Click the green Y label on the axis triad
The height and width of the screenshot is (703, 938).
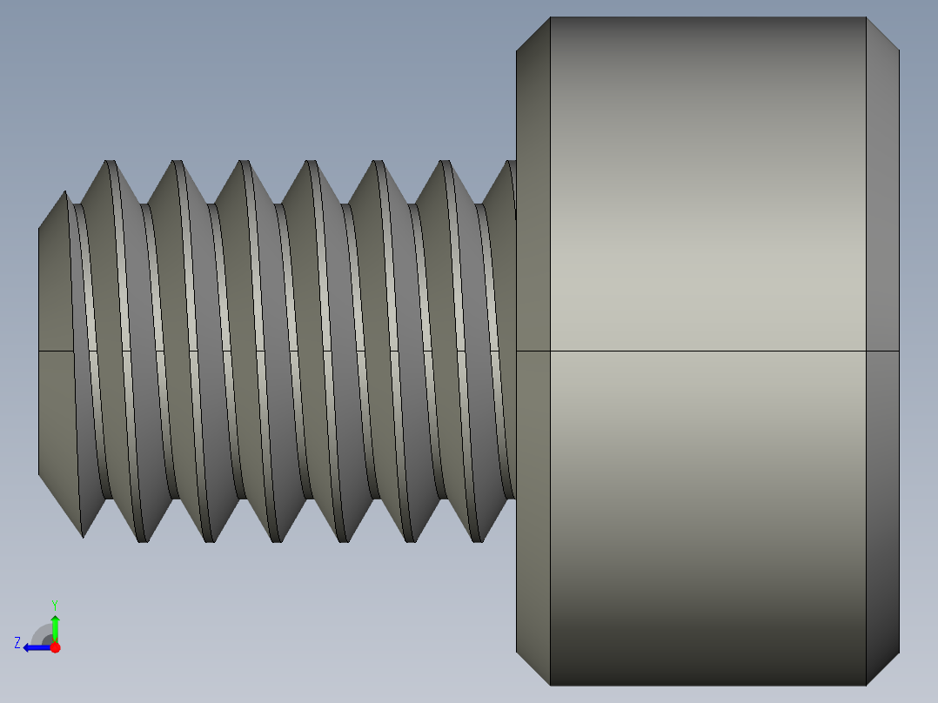[x=55, y=604]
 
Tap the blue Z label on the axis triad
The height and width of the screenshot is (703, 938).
[x=17, y=643]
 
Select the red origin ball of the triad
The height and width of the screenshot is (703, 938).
[x=56, y=647]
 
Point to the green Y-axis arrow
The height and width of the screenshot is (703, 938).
[x=55, y=626]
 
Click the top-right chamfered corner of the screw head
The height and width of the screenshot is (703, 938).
[x=882, y=33]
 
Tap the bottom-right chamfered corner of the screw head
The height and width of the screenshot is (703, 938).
[x=882, y=668]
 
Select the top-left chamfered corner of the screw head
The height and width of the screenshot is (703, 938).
[x=533, y=33]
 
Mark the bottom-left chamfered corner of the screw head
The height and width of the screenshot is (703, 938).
[x=533, y=668]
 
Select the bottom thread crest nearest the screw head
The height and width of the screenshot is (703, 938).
[x=478, y=539]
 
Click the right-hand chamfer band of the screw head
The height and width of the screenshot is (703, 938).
[x=882, y=261]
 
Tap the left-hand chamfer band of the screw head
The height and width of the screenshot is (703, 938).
[x=533, y=261]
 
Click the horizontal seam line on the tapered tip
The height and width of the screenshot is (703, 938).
[x=55, y=351]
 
